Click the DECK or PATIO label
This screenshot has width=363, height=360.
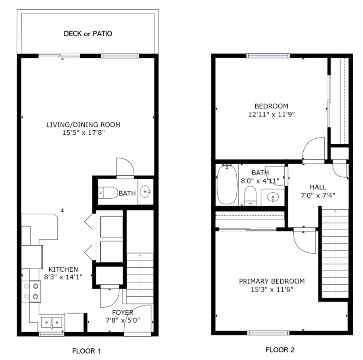pos(88,34)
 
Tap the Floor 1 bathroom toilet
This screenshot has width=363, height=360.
pos(108,193)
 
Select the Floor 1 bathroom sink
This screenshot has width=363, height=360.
pos(145,191)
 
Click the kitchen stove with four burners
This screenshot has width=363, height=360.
pos(31,291)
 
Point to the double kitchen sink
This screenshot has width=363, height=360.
pos(52,322)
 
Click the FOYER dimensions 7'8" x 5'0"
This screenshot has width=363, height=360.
pos(123,320)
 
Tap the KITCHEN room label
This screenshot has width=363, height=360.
pos(63,269)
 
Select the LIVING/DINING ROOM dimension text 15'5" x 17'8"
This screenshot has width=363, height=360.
pos(83,133)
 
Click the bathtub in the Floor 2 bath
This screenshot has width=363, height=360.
pos(227,184)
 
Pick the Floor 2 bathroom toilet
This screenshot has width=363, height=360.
pos(250,196)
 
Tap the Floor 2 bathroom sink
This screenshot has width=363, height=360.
pos(273,198)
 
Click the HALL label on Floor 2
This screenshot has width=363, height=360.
pos(318,187)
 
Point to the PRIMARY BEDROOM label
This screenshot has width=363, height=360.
pos(272,281)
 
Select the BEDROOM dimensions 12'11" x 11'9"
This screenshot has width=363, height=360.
pos(271,114)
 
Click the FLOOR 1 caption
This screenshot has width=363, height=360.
pos(87,351)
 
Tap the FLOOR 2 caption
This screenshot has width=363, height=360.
pos(280,350)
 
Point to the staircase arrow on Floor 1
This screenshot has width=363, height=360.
pos(140,278)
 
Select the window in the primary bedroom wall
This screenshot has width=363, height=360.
pos(268,333)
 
